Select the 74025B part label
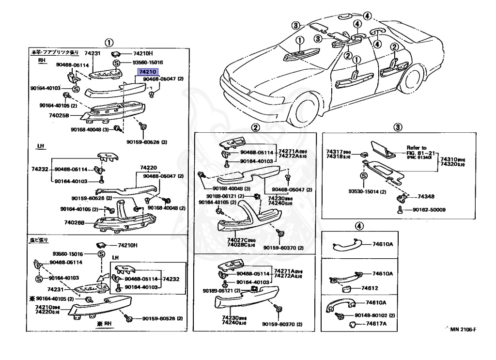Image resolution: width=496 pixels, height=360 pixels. (x=59, y=116)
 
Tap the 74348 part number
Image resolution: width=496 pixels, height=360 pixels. (x=420, y=197)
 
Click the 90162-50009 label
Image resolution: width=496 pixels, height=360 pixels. (x=429, y=210)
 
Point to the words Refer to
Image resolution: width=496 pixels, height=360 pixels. (x=417, y=148)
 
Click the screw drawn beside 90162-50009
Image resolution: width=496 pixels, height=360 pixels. (x=401, y=210)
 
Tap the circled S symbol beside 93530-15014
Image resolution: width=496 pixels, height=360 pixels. (x=363, y=176)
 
